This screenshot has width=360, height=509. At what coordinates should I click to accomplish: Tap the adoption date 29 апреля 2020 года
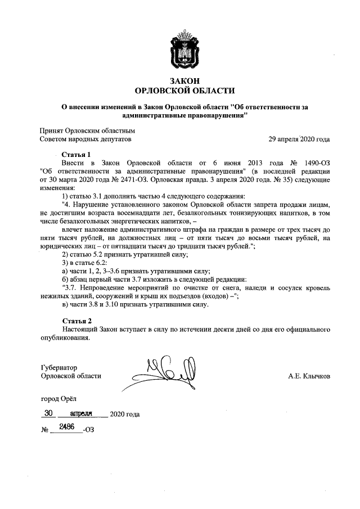(x=299, y=139)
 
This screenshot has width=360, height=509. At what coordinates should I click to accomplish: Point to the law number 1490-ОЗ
(x=314, y=163)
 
